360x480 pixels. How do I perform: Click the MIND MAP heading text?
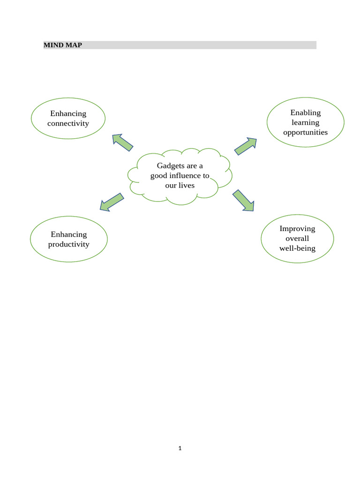[x=63, y=45]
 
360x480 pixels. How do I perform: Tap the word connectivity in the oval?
[x=68, y=123]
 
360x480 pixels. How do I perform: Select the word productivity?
[x=68, y=244]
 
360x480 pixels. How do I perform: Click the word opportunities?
[x=305, y=132]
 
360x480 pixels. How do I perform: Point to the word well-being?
[x=297, y=248]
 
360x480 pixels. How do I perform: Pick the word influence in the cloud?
[x=185, y=176]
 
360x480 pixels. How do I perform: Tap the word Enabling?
[x=305, y=112]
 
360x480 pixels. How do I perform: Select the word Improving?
[x=297, y=229]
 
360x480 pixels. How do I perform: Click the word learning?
[x=305, y=122]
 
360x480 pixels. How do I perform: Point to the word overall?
[x=297, y=239]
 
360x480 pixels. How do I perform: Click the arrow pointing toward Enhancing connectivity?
[x=122, y=142]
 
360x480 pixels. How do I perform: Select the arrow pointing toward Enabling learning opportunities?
[x=246, y=146]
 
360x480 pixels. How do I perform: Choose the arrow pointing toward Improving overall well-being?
[x=244, y=201]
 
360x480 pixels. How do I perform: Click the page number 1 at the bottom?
[x=180, y=449]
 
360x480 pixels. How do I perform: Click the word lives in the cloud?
[x=186, y=186]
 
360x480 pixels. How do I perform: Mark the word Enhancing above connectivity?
[x=68, y=113]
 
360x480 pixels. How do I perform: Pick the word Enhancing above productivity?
[x=69, y=234]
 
